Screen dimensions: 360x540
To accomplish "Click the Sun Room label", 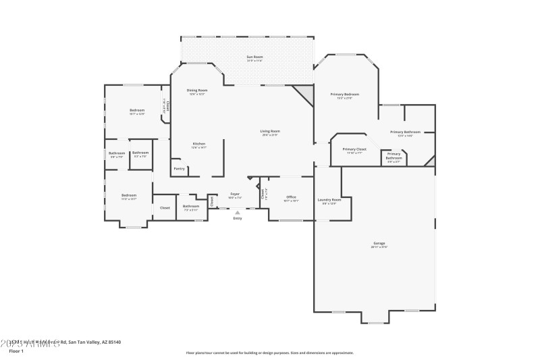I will click(254, 57).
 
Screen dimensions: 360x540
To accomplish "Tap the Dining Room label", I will click(196, 90).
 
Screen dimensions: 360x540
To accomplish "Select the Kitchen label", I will click(199, 143).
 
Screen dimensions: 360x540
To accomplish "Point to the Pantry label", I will click(179, 168).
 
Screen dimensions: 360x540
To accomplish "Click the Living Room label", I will click(270, 131).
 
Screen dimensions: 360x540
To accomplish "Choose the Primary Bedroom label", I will click(344, 95).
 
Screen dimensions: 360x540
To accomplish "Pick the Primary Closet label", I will click(354, 149).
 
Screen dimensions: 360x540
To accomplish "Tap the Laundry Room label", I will click(329, 199).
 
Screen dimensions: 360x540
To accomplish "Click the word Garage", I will click(379, 243).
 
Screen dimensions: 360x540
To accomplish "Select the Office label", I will click(291, 197).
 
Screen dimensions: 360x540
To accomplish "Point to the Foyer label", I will click(235, 195).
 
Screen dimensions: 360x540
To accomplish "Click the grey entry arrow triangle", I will click(237, 212).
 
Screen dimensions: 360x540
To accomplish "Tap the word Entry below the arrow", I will click(237, 218).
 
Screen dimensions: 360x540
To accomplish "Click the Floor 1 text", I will click(16, 351).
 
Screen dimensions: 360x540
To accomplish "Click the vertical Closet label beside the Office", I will click(263, 194).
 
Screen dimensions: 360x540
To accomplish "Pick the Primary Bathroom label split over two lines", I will click(394, 157).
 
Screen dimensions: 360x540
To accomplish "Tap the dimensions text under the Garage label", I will click(379, 247).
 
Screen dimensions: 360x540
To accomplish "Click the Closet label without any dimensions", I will click(165, 207).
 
